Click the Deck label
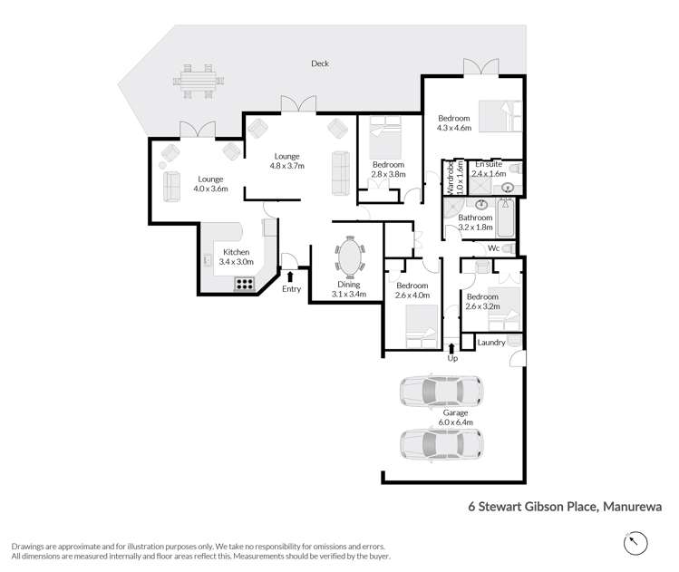(x=319, y=63)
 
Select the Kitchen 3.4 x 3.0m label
(x=236, y=257)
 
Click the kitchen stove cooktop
(x=245, y=283)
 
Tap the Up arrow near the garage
(x=452, y=348)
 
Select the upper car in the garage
(x=441, y=391)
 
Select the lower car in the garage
(x=441, y=444)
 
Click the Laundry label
(x=490, y=343)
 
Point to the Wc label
(x=494, y=247)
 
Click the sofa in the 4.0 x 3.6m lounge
(x=170, y=186)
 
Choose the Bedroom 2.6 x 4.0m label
(x=412, y=290)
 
